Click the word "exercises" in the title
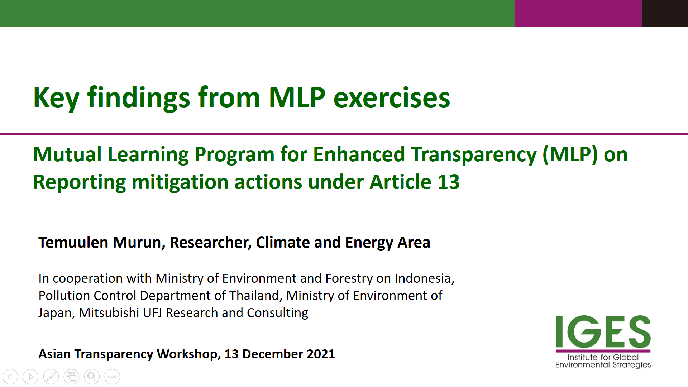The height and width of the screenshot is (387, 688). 392,97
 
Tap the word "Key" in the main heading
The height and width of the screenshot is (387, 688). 56,98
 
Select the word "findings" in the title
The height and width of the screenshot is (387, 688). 139,98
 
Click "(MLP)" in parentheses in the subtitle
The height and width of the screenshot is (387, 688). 570,155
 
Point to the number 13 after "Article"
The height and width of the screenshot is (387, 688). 449,182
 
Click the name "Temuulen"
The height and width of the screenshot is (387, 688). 73,243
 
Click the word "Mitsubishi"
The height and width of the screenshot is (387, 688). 109,313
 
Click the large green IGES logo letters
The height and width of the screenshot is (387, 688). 603,331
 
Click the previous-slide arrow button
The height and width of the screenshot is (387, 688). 10,377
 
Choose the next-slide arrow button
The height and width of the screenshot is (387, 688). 30,377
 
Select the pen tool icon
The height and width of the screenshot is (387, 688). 51,377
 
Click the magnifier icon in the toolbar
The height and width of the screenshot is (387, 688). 92,377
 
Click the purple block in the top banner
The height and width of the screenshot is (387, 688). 578,14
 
